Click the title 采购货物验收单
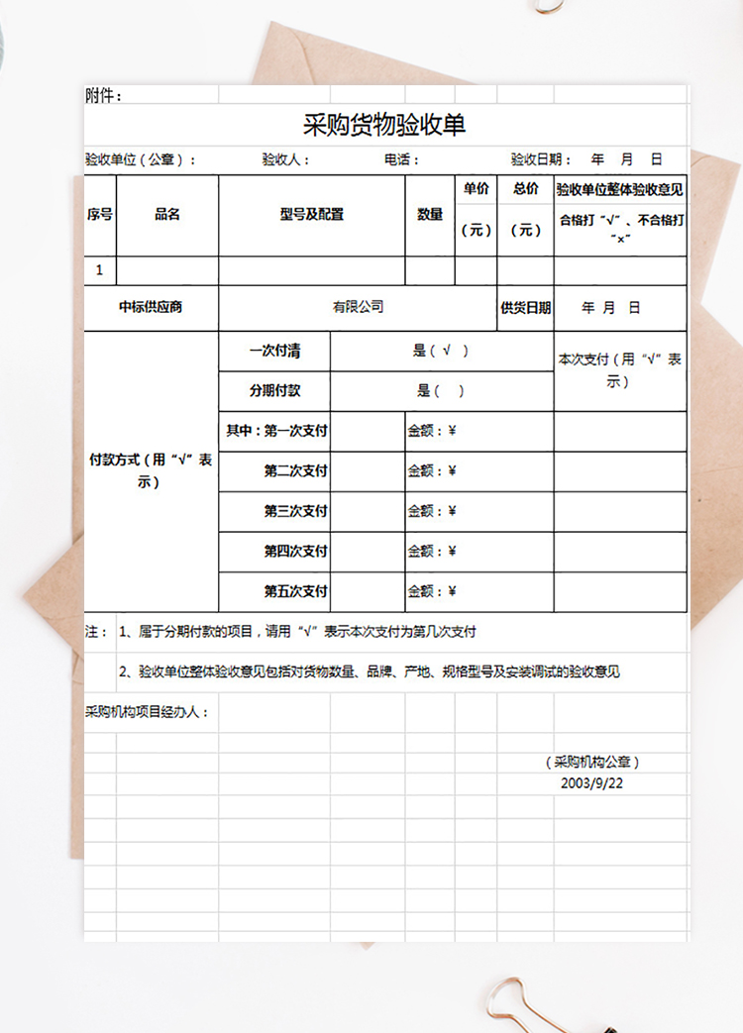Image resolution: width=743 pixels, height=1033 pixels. click(383, 126)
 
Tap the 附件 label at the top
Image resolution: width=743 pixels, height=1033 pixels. click(103, 96)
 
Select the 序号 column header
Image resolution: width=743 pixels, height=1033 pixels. click(100, 215)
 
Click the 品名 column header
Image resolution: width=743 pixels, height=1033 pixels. click(167, 215)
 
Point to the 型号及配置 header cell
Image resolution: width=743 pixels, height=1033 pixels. click(311, 215)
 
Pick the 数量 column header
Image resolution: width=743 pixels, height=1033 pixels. click(430, 215)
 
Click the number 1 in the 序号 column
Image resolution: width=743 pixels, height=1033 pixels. click(99, 270)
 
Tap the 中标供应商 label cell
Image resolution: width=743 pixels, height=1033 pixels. click(151, 307)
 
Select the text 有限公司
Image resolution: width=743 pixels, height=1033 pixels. click(358, 307)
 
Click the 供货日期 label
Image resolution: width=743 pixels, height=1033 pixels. click(525, 308)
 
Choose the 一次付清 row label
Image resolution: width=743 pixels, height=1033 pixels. click(274, 351)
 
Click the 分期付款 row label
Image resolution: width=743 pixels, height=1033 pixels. click(274, 390)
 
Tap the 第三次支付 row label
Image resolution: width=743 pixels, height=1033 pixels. click(295, 511)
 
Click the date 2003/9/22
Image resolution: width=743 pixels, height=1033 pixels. click(592, 781)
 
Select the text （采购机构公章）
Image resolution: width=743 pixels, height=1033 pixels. click(592, 762)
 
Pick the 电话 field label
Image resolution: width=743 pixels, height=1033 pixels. click(401, 159)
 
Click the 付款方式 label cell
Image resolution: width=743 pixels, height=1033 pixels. click(151, 470)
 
